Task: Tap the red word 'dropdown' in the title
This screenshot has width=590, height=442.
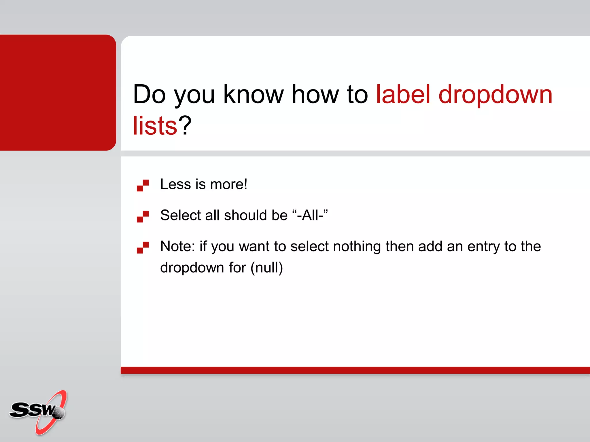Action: [495, 95]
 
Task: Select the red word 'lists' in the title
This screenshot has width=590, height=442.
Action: [155, 126]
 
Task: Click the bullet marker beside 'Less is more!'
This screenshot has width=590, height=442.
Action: [143, 186]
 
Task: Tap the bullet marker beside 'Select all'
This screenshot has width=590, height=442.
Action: [143, 216]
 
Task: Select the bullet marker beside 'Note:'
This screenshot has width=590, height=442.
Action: [143, 247]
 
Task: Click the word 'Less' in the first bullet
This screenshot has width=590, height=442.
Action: [175, 184]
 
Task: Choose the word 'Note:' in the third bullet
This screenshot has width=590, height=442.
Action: [178, 246]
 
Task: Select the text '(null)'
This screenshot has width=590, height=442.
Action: [266, 268]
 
